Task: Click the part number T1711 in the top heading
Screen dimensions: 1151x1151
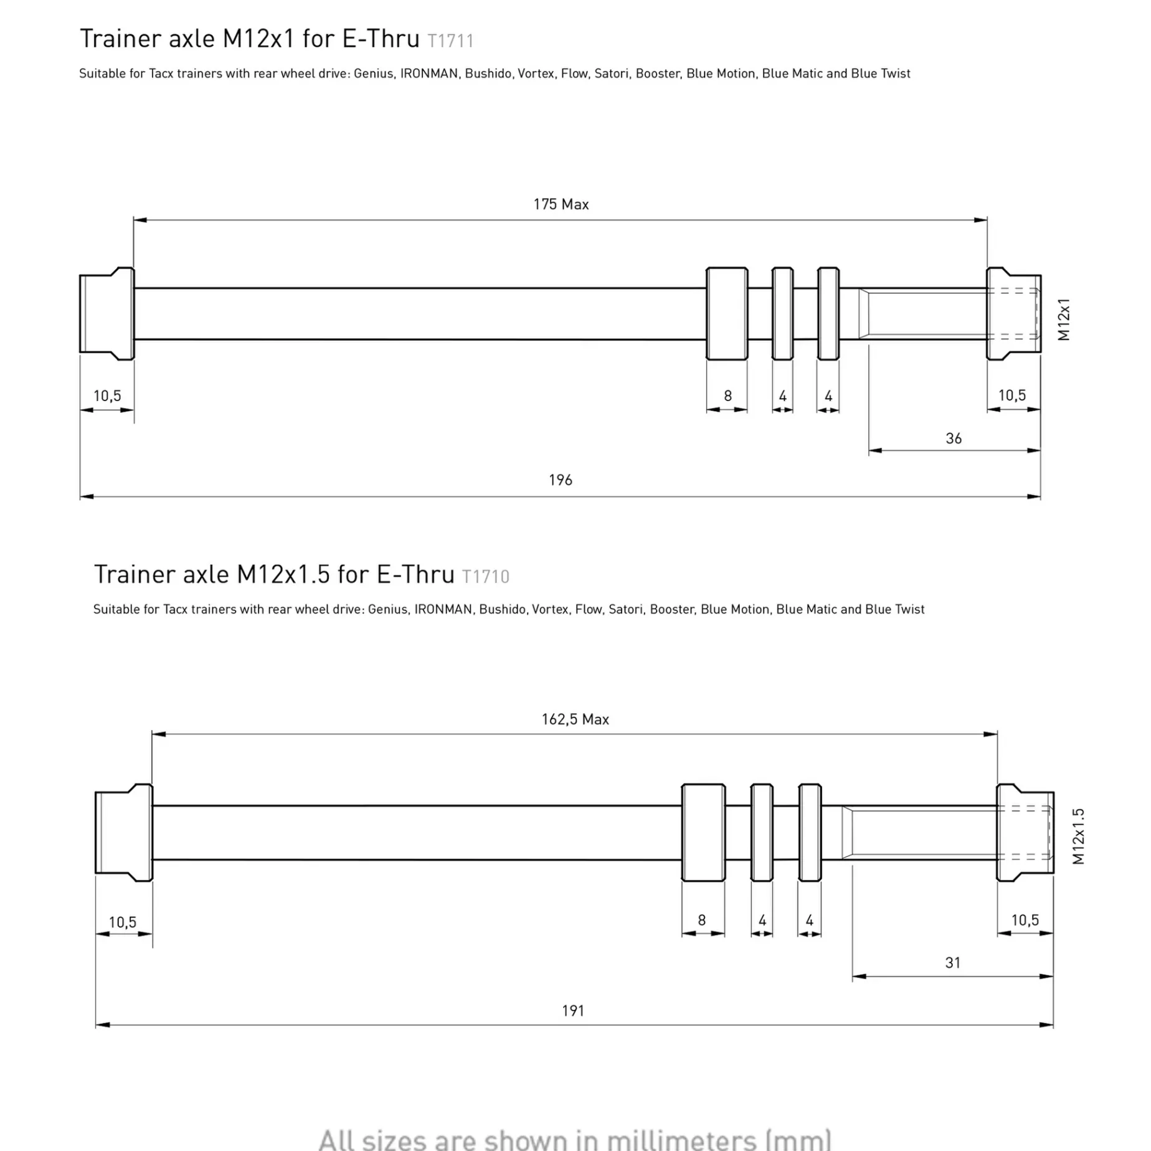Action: pos(450,41)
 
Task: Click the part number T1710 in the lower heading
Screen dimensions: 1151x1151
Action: pos(485,577)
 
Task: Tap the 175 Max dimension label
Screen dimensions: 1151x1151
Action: pos(561,204)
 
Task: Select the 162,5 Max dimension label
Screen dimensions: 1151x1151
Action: pos(575,719)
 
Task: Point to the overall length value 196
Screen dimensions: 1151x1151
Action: pos(560,480)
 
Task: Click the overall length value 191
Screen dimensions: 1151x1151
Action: pos(573,1010)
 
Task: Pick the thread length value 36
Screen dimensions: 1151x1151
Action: pos(954,438)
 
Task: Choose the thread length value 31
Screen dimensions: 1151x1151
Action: pos(952,963)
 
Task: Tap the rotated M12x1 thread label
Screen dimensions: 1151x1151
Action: pos(1064,320)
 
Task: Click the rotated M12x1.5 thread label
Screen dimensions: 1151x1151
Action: pos(1079,836)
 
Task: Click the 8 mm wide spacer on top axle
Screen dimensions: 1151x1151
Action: pos(727,313)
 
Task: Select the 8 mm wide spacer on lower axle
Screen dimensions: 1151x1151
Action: pos(703,832)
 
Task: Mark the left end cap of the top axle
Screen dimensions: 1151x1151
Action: pos(107,313)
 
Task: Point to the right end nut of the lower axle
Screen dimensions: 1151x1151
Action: pos(1025,832)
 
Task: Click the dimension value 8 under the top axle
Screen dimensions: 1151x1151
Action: pos(727,396)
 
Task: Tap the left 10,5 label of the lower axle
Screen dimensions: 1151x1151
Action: pos(122,922)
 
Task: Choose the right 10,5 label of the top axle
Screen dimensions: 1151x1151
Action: pos(1012,396)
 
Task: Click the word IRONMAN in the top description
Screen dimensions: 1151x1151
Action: pos(429,73)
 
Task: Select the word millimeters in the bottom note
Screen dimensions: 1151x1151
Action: pos(681,1139)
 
